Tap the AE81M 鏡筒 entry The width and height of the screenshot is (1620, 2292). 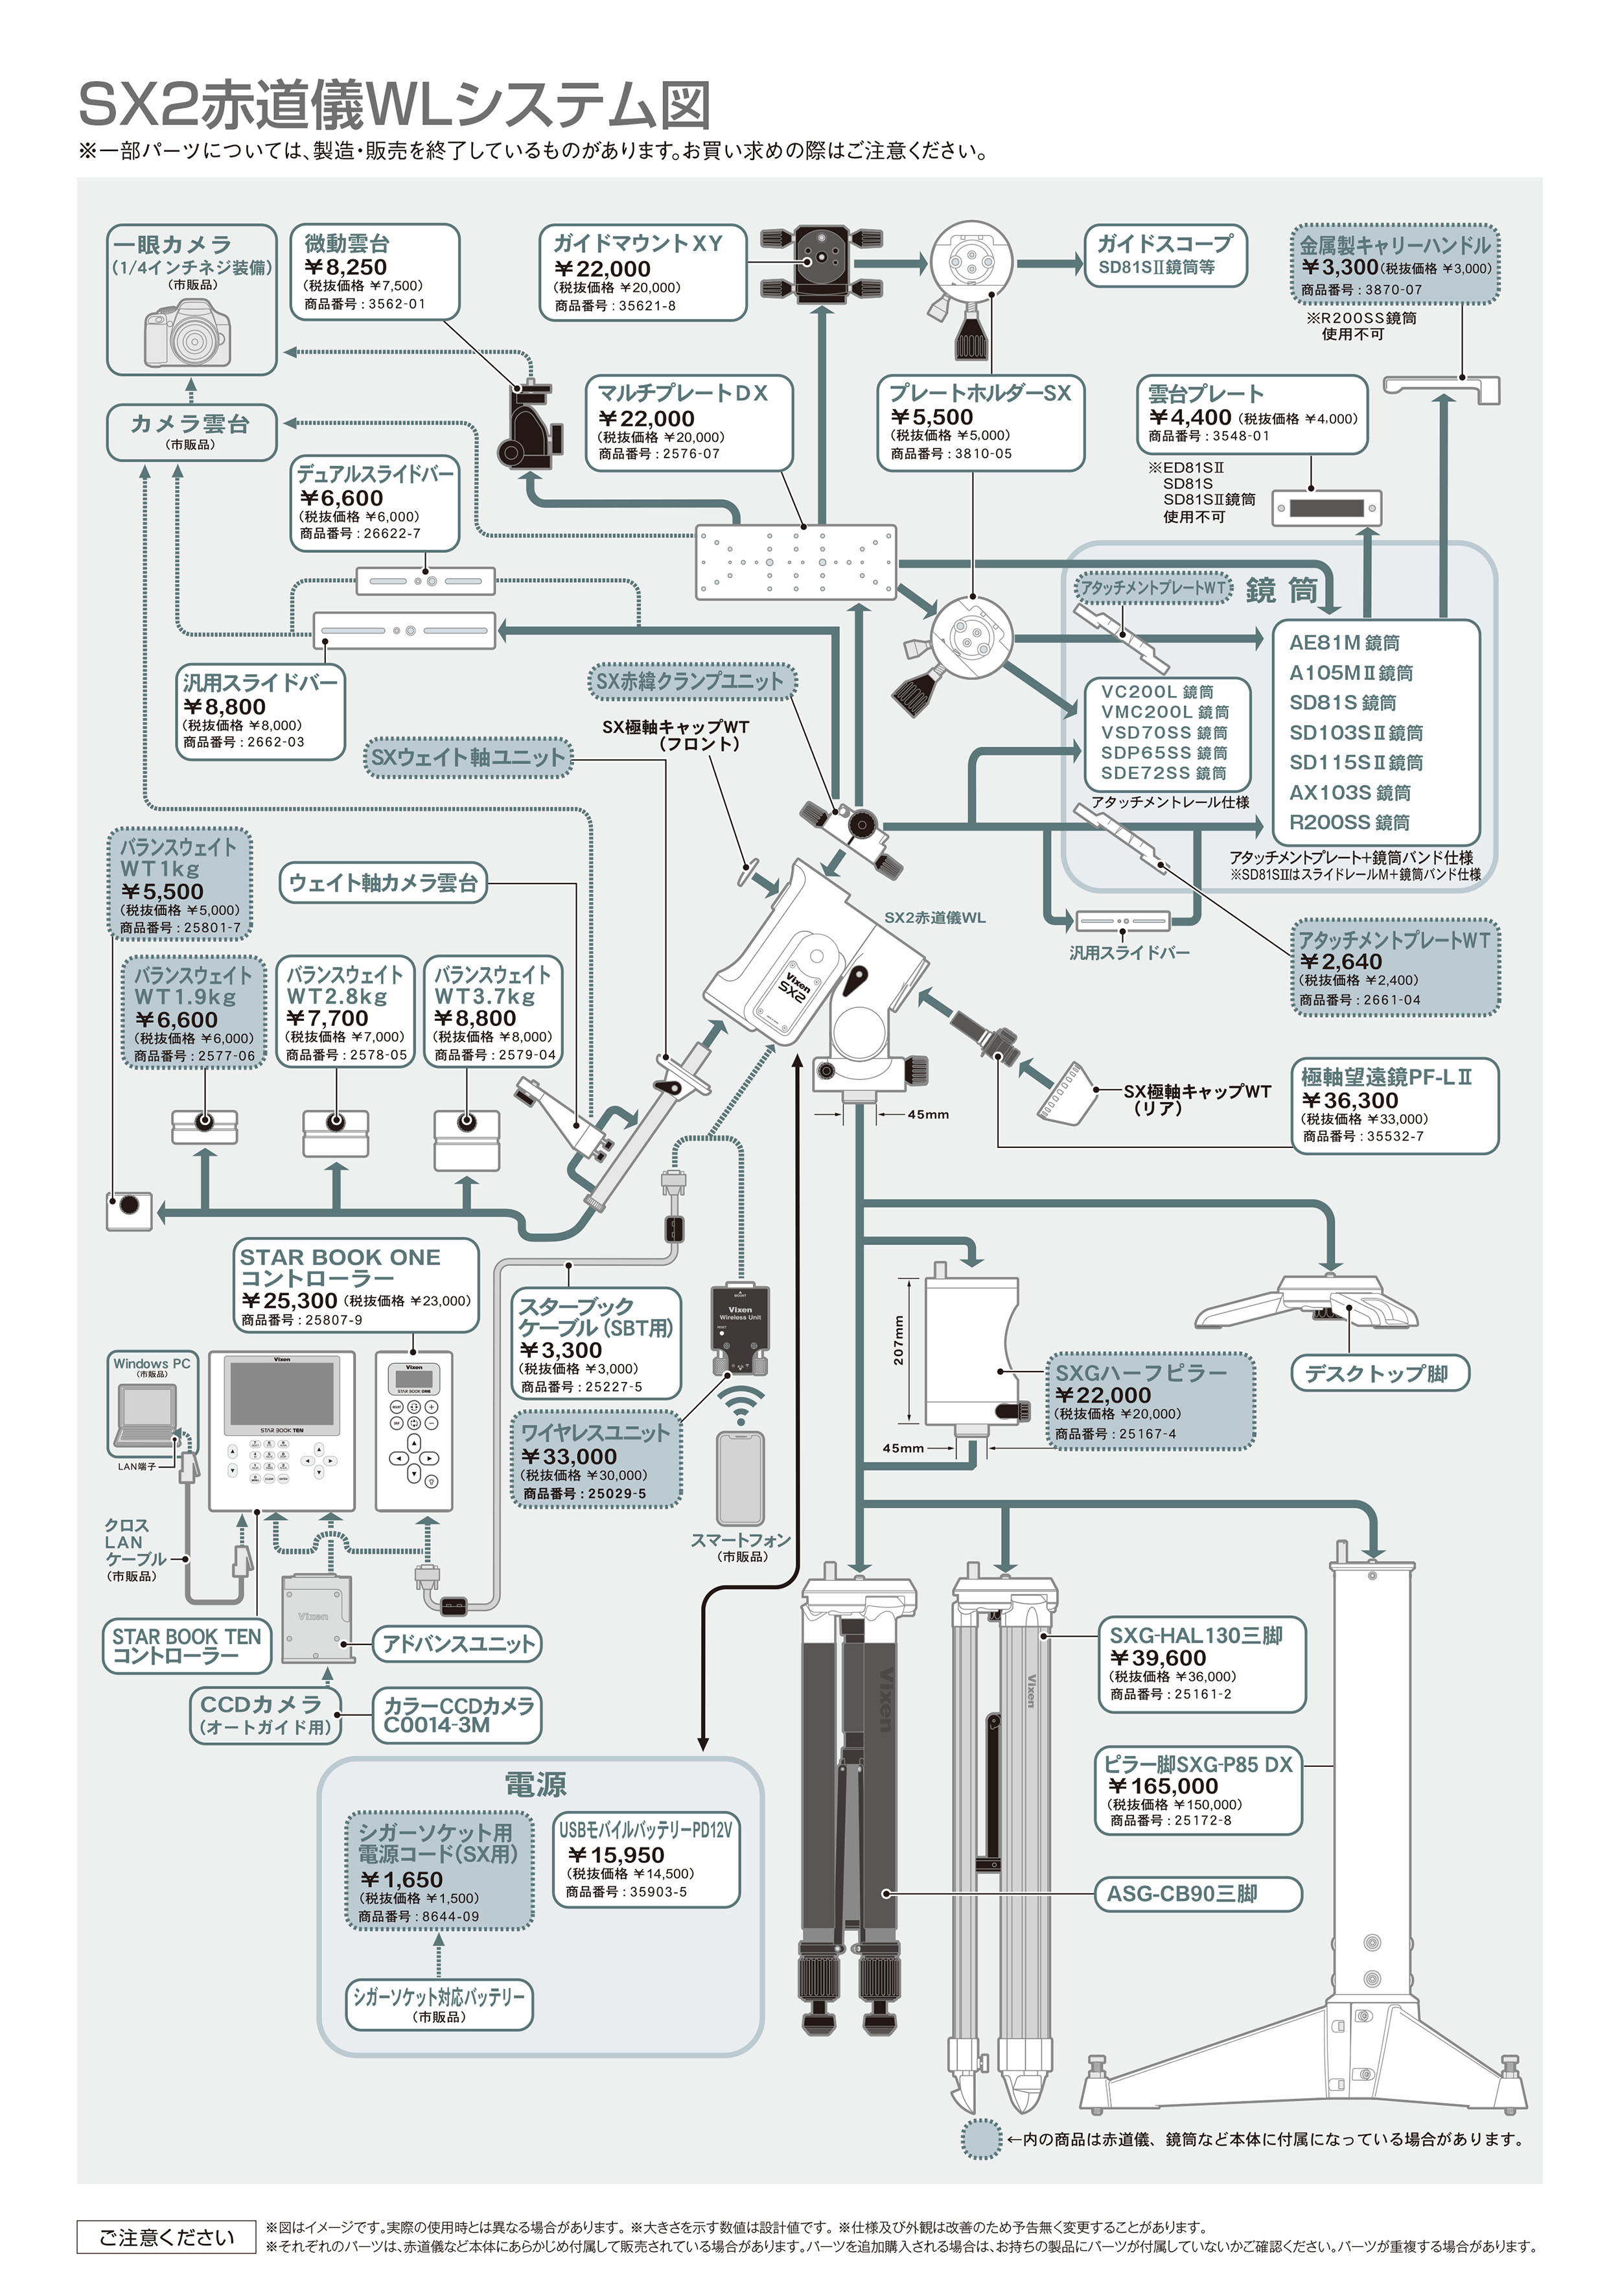(x=1343, y=643)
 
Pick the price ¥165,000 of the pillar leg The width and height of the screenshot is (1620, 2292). (x=1163, y=1786)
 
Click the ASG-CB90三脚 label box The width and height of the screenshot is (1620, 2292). (x=1200, y=1894)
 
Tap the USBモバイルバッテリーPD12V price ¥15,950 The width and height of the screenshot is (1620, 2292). (x=615, y=1854)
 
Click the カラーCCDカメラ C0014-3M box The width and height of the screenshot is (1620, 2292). (x=458, y=1715)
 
